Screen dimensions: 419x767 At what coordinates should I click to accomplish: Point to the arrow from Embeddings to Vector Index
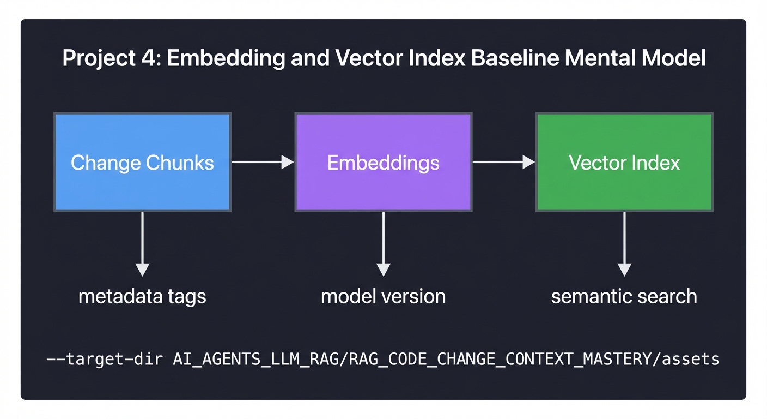[503, 162]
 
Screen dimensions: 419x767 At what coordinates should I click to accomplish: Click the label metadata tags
[142, 296]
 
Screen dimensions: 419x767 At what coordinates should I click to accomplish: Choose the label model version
[383, 296]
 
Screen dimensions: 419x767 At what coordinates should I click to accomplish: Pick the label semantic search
[624, 296]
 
